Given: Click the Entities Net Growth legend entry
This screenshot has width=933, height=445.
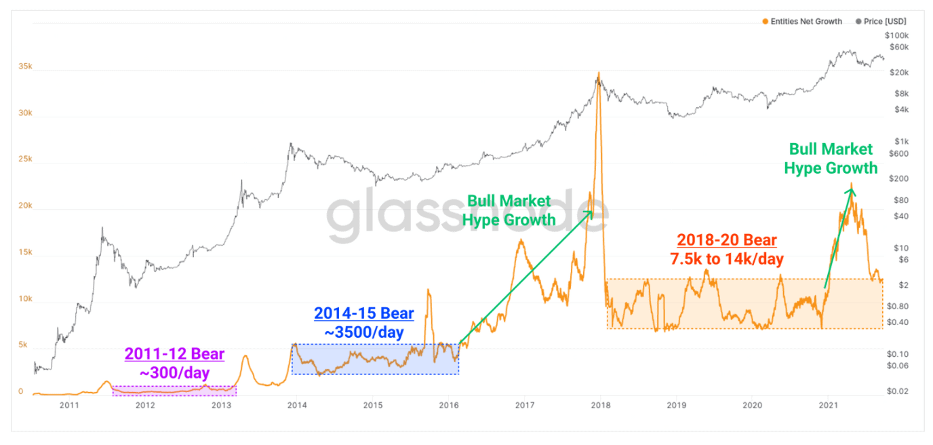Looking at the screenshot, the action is [802, 21].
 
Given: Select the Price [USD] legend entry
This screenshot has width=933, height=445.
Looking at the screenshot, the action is [881, 21].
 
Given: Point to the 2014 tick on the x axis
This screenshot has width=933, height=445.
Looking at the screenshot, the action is [297, 405].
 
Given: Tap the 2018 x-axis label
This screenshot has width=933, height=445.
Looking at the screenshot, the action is [601, 405].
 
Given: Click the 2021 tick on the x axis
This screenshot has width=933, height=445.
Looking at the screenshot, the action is [829, 405].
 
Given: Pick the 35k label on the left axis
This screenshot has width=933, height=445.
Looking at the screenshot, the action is [25, 66].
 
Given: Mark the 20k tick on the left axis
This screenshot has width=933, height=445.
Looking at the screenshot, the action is [25, 206].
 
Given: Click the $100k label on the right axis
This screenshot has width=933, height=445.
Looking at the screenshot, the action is [897, 35].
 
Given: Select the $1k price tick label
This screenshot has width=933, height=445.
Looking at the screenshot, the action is [902, 142].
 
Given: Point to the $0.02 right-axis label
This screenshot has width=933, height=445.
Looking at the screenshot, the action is [898, 391].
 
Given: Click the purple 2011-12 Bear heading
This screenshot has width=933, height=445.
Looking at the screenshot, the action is [174, 353].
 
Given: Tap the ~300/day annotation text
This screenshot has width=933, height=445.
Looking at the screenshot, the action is [174, 372].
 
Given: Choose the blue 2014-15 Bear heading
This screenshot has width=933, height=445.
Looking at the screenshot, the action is [364, 313].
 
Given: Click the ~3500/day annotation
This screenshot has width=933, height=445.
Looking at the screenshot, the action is [364, 332].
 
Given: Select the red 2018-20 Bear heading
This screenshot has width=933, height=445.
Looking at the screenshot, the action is [727, 240].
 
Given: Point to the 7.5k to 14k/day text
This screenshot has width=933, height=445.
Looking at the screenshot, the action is [727, 259].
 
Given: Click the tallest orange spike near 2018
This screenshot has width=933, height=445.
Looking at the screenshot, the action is [599, 73].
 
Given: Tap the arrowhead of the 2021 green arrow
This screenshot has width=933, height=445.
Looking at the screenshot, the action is [852, 192].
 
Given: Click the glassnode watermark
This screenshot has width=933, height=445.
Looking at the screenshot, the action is [467, 214].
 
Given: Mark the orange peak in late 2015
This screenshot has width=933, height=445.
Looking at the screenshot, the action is [429, 290].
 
